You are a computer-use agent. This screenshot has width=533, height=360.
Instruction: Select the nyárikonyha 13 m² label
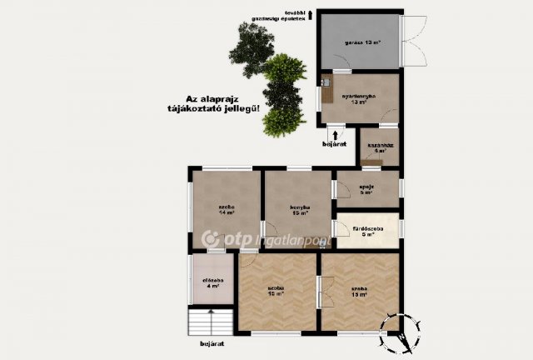pyautogui.click(x=360, y=100)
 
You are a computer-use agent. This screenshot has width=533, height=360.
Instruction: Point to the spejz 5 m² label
pyautogui.click(x=367, y=189)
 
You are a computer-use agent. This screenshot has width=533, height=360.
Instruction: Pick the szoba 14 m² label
pyautogui.click(x=226, y=209)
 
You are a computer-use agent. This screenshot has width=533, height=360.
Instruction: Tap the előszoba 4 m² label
pyautogui.click(x=213, y=282)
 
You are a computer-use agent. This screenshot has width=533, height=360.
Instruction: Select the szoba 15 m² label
pyautogui.click(x=276, y=291)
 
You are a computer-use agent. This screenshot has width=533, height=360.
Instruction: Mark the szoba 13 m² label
pyautogui.click(x=360, y=291)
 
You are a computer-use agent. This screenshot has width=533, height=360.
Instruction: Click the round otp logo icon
pyautogui.click(x=209, y=240)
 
